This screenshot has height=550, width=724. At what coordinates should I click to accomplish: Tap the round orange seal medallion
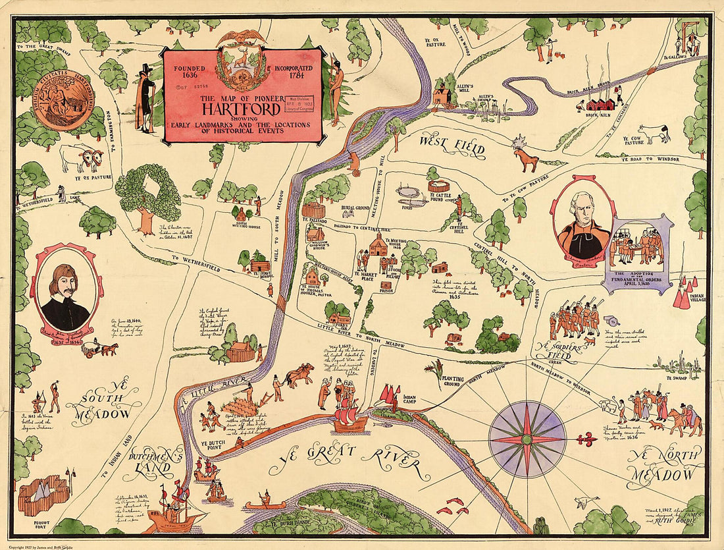click(x=64, y=99)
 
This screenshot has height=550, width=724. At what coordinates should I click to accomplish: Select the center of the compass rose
click(x=527, y=439)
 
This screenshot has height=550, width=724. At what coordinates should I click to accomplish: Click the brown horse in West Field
click(x=526, y=159)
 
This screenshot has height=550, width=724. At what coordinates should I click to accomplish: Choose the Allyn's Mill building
click(x=443, y=96)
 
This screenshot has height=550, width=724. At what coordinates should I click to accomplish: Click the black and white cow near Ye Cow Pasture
click(x=655, y=134)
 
